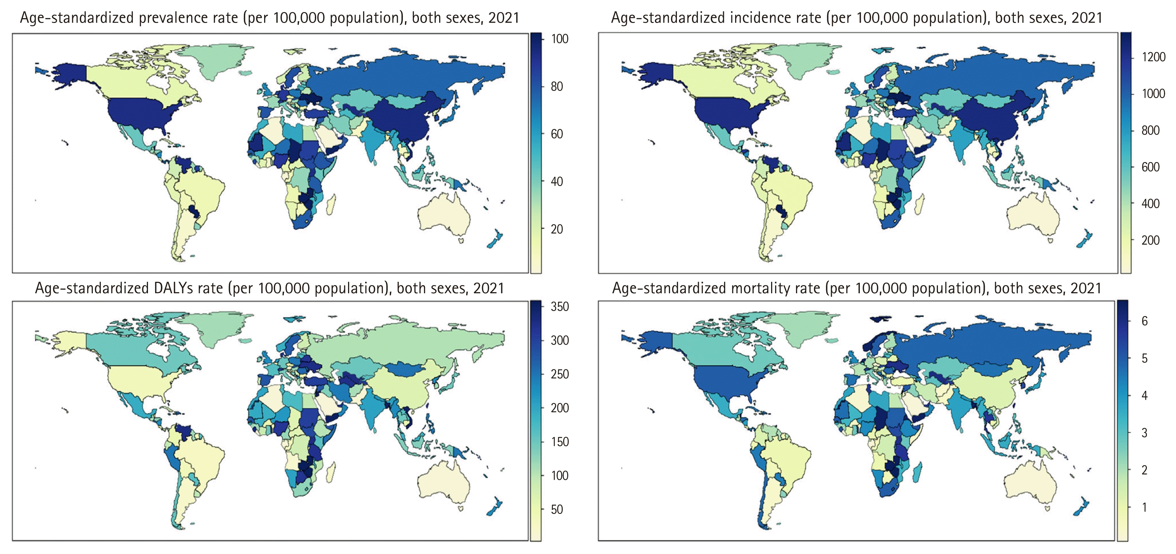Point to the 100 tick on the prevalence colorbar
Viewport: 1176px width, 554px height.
click(x=560, y=39)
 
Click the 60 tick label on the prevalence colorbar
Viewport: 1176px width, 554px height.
click(x=557, y=134)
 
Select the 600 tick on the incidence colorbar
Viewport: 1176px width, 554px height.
click(x=1150, y=167)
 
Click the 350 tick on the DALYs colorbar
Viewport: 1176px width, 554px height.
click(x=560, y=306)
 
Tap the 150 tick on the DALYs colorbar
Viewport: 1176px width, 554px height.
click(x=560, y=442)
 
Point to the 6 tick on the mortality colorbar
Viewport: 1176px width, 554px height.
click(x=1144, y=321)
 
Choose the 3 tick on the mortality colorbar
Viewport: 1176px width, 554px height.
click(x=1144, y=432)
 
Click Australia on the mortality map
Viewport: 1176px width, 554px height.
click(x=1029, y=484)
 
